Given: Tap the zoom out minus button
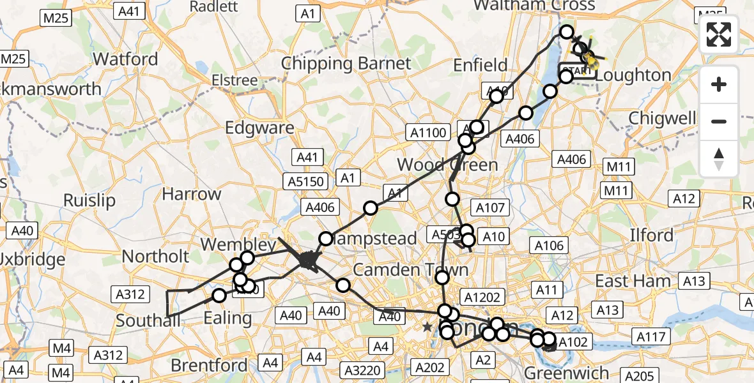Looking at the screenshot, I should [719, 121].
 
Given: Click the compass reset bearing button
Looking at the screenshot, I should [719, 159].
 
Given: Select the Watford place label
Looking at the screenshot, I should [125, 59].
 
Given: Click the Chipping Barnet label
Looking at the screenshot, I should [346, 64].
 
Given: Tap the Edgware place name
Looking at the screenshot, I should [259, 127].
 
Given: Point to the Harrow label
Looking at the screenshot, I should [191, 194].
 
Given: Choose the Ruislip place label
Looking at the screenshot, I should [89, 200].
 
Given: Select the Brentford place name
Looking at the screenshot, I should [208, 366].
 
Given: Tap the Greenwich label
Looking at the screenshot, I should [565, 372].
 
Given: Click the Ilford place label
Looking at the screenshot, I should [652, 236].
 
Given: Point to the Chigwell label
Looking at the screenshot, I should [662, 118].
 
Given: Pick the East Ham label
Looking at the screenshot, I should [633, 281].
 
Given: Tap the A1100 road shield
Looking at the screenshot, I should [427, 133].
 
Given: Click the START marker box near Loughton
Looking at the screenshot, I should [578, 71].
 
